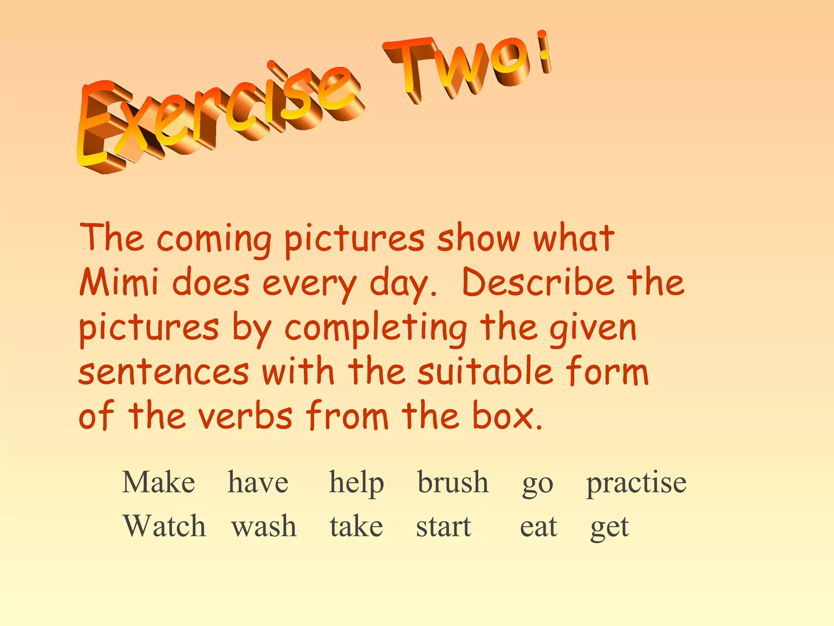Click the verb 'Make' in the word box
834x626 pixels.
pos(158,483)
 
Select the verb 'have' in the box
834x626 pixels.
pos(258,483)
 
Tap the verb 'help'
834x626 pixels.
pos(356,483)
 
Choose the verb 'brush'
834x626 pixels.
pos(453,483)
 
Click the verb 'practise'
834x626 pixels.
pos(636,483)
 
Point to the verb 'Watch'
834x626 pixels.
pos(165,526)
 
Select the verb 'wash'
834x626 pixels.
pos(264,527)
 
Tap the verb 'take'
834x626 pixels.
pos(356,527)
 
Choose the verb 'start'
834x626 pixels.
pos(443,527)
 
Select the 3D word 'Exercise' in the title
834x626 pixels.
pos(216,114)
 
